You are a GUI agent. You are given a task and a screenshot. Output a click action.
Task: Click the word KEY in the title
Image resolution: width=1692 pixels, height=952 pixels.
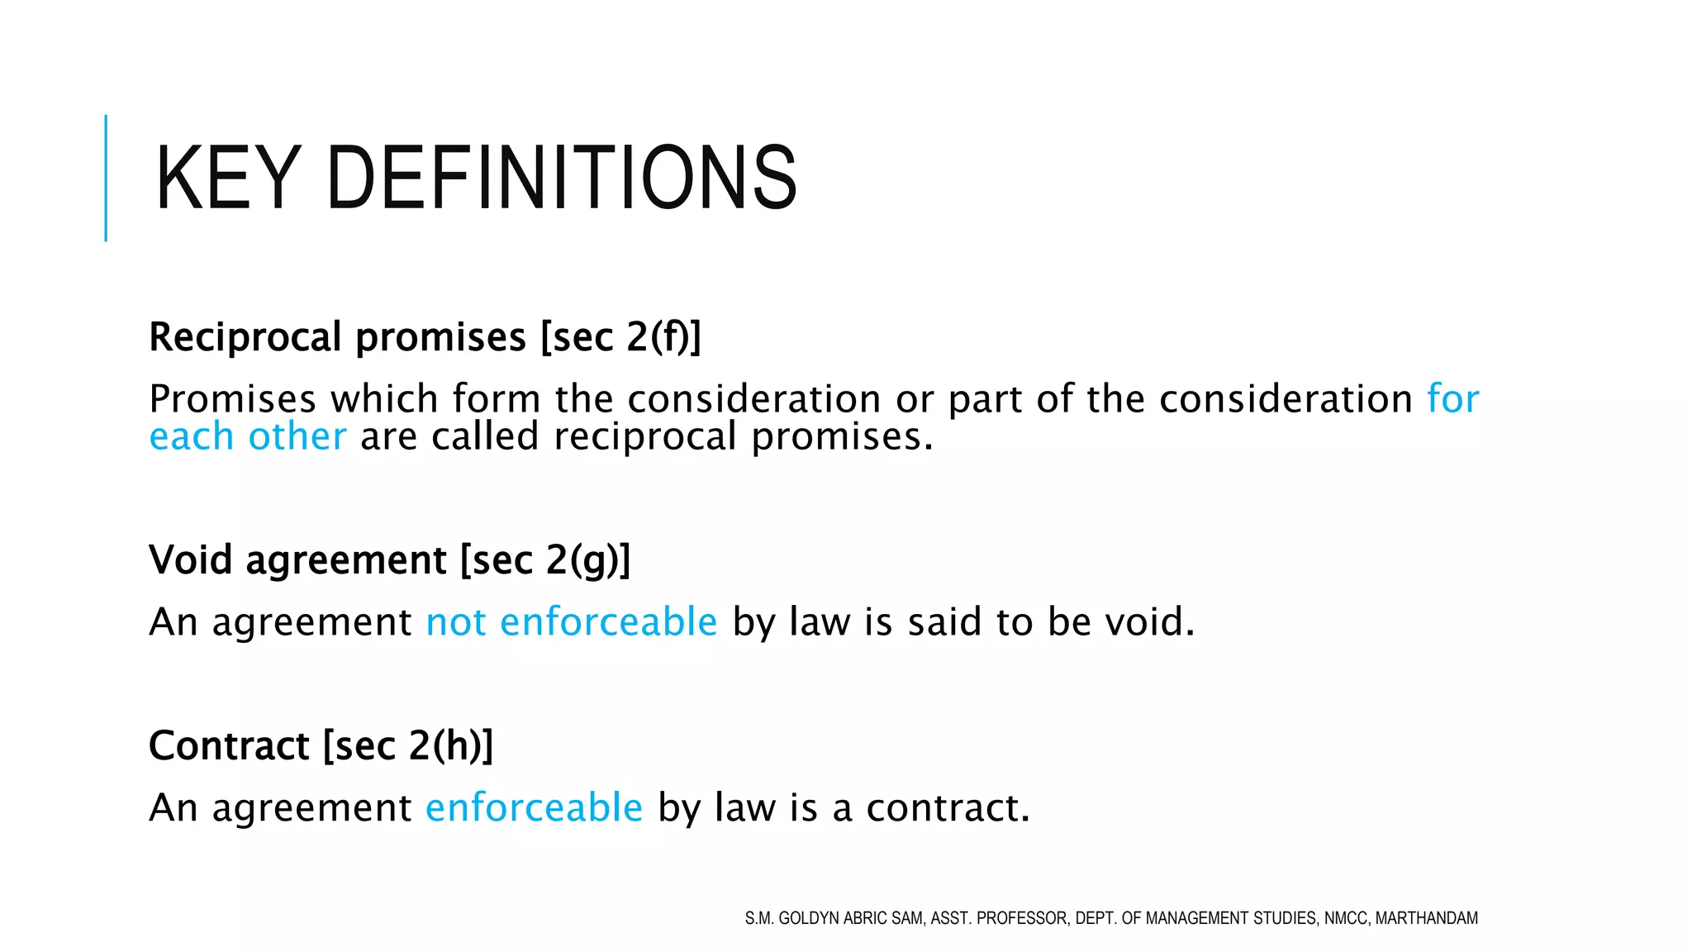[x=227, y=178]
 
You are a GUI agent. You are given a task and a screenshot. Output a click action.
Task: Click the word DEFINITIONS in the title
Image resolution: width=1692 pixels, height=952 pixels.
[x=562, y=178]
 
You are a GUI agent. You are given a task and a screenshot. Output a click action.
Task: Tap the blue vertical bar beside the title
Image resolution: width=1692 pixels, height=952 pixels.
[x=106, y=178]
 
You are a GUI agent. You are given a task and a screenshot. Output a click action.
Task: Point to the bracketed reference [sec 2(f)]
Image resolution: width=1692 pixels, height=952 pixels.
[x=620, y=337]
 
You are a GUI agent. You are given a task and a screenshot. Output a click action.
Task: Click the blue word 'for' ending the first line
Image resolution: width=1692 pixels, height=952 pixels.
[x=1452, y=399]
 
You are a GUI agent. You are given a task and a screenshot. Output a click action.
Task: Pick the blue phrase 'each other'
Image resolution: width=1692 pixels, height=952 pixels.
[x=248, y=436]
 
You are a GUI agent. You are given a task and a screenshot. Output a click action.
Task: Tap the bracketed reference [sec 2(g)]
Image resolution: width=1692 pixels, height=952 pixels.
[x=545, y=560]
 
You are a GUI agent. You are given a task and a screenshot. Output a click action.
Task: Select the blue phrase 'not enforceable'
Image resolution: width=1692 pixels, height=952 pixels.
[x=572, y=622]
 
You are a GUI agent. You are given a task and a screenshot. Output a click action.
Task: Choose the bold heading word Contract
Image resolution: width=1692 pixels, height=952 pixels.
[x=229, y=745]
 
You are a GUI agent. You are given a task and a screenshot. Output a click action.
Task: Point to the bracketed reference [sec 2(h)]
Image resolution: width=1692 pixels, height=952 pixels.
[x=408, y=746]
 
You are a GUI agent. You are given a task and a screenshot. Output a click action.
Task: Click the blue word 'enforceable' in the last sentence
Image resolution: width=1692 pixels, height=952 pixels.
[x=534, y=807]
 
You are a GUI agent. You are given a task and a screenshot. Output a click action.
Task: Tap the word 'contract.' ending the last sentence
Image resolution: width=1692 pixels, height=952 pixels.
[x=948, y=807]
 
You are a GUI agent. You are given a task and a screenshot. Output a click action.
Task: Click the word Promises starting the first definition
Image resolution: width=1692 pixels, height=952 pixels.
[x=233, y=399]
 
